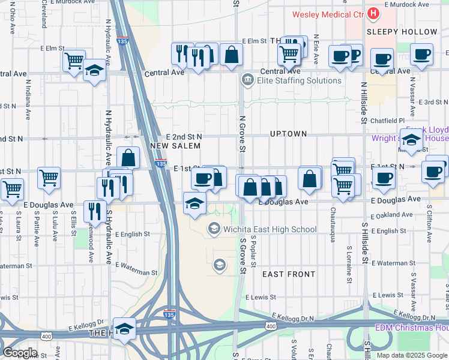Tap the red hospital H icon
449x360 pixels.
(373, 13)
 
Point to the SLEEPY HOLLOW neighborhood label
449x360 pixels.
(402, 32)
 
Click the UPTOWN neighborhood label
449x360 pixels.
(288, 134)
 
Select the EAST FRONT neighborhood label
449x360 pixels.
(289, 274)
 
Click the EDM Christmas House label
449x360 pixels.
(412, 328)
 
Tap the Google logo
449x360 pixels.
(20, 353)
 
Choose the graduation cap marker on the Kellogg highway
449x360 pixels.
(124, 329)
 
